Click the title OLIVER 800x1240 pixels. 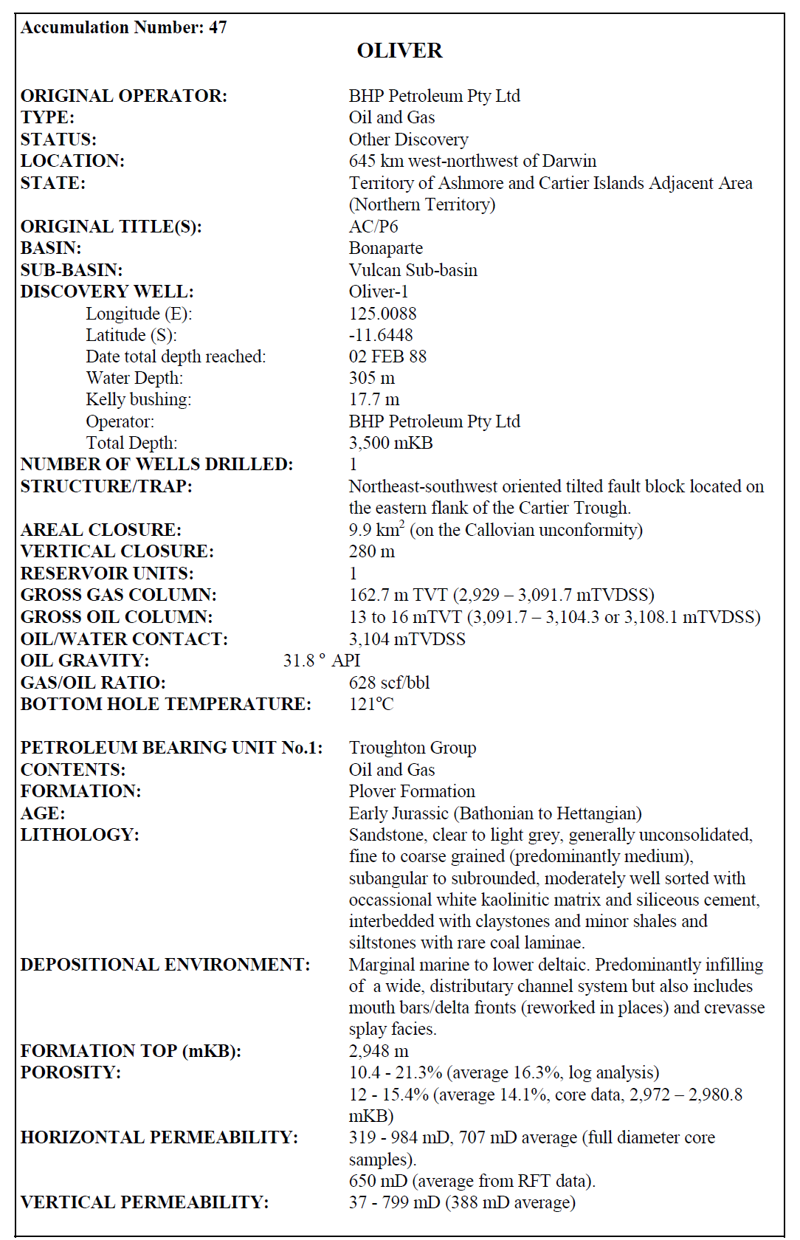(399, 50)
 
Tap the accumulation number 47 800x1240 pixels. (218, 27)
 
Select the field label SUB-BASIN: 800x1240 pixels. (72, 270)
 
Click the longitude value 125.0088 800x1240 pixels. (382, 314)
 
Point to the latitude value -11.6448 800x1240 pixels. (381, 335)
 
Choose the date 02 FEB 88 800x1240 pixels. (387, 356)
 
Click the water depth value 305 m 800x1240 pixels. (371, 378)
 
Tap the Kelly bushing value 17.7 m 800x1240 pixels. (374, 399)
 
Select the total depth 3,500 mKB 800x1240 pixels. (390, 443)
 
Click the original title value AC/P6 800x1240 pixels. (373, 227)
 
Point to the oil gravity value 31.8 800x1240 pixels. (300, 661)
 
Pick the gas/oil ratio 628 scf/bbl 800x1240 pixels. (389, 683)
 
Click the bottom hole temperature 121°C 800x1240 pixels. (371, 704)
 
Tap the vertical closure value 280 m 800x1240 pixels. (371, 551)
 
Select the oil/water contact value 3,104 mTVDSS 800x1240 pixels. (407, 639)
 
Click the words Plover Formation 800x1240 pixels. (412, 791)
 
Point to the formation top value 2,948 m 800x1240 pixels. (378, 1051)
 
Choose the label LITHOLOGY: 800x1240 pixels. (80, 835)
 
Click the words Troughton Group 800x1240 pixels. (413, 748)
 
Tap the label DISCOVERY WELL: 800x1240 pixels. (107, 292)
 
